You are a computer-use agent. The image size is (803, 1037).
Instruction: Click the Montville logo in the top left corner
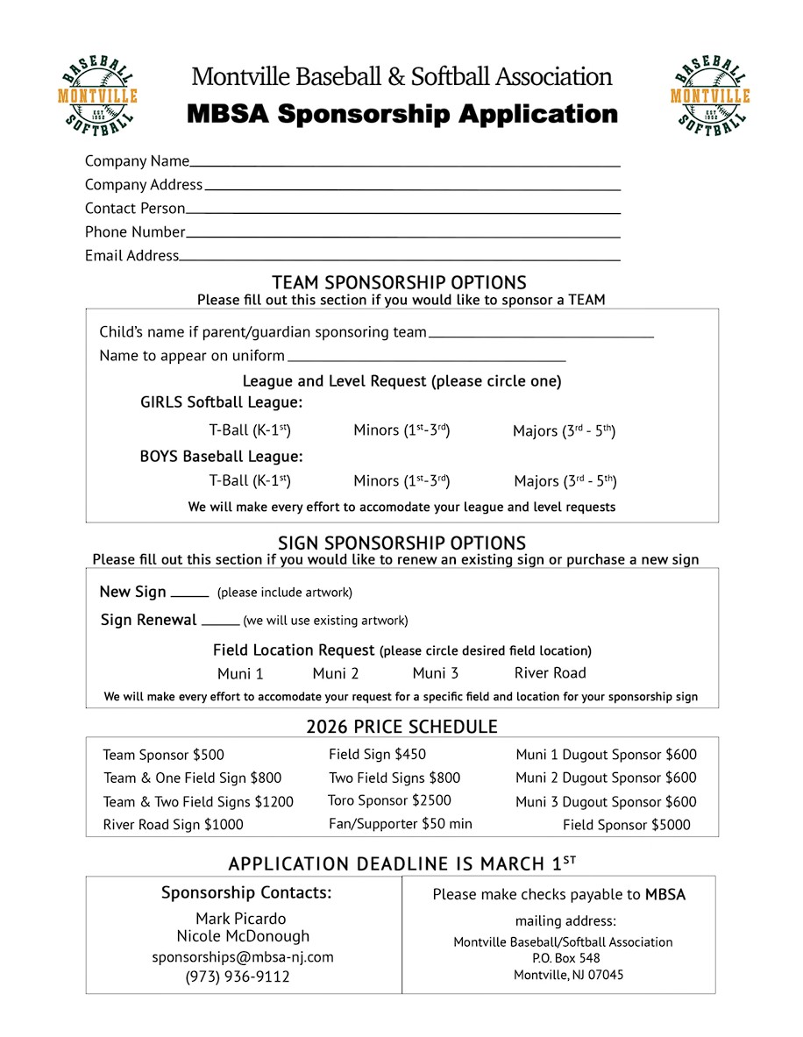tap(97, 96)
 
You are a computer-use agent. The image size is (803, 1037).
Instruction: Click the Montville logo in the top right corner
tap(710, 96)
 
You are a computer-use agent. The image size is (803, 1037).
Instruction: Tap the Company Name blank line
tap(404, 164)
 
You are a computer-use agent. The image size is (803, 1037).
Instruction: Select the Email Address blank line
tap(399, 259)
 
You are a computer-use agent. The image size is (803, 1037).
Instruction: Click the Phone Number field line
tap(402, 235)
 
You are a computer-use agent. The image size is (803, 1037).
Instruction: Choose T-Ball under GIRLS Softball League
tap(250, 430)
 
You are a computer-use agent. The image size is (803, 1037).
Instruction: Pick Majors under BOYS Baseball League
tap(565, 481)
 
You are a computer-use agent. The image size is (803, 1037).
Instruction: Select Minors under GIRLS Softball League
tap(401, 430)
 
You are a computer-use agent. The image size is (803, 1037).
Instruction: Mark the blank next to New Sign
tap(189, 594)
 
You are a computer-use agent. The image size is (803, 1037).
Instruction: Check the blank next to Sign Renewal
tap(220, 622)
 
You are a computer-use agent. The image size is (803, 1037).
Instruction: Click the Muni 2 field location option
tap(335, 674)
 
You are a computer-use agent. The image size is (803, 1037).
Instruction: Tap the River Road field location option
tap(550, 673)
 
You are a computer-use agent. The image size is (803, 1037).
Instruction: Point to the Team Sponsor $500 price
tap(163, 755)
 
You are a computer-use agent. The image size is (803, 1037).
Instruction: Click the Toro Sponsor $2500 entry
tap(389, 800)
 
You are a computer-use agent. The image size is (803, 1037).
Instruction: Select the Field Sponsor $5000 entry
tap(626, 825)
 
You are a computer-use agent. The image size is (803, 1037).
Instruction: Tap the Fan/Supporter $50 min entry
tap(400, 824)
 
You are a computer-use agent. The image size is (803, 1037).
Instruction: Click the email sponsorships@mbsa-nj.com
tap(243, 957)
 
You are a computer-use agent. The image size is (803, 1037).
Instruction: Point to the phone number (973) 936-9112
tap(238, 977)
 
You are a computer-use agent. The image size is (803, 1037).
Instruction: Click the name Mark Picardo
tap(241, 919)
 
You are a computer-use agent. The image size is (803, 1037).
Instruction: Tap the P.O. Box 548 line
tap(565, 958)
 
